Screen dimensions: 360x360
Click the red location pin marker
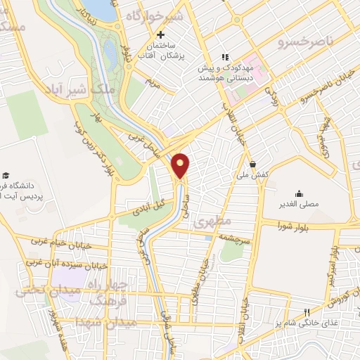click(181, 165)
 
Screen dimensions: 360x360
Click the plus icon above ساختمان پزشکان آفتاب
click(161, 34)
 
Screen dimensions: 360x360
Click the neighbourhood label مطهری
click(214, 221)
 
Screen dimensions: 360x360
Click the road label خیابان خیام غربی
click(57, 241)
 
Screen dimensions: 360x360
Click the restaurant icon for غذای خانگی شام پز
click(306, 313)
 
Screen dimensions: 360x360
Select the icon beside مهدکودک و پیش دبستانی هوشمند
click(224, 57)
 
